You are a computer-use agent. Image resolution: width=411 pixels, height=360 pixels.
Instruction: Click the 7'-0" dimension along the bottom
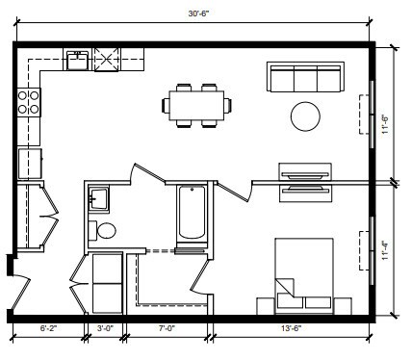point(166,330)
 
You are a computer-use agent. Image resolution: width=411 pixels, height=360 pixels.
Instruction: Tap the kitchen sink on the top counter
point(77,61)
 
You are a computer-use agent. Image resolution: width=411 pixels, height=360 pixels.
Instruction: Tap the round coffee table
point(307,116)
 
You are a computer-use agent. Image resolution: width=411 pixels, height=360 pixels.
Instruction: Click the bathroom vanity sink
point(98,199)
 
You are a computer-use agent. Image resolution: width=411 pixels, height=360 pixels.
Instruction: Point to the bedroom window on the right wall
point(368,252)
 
